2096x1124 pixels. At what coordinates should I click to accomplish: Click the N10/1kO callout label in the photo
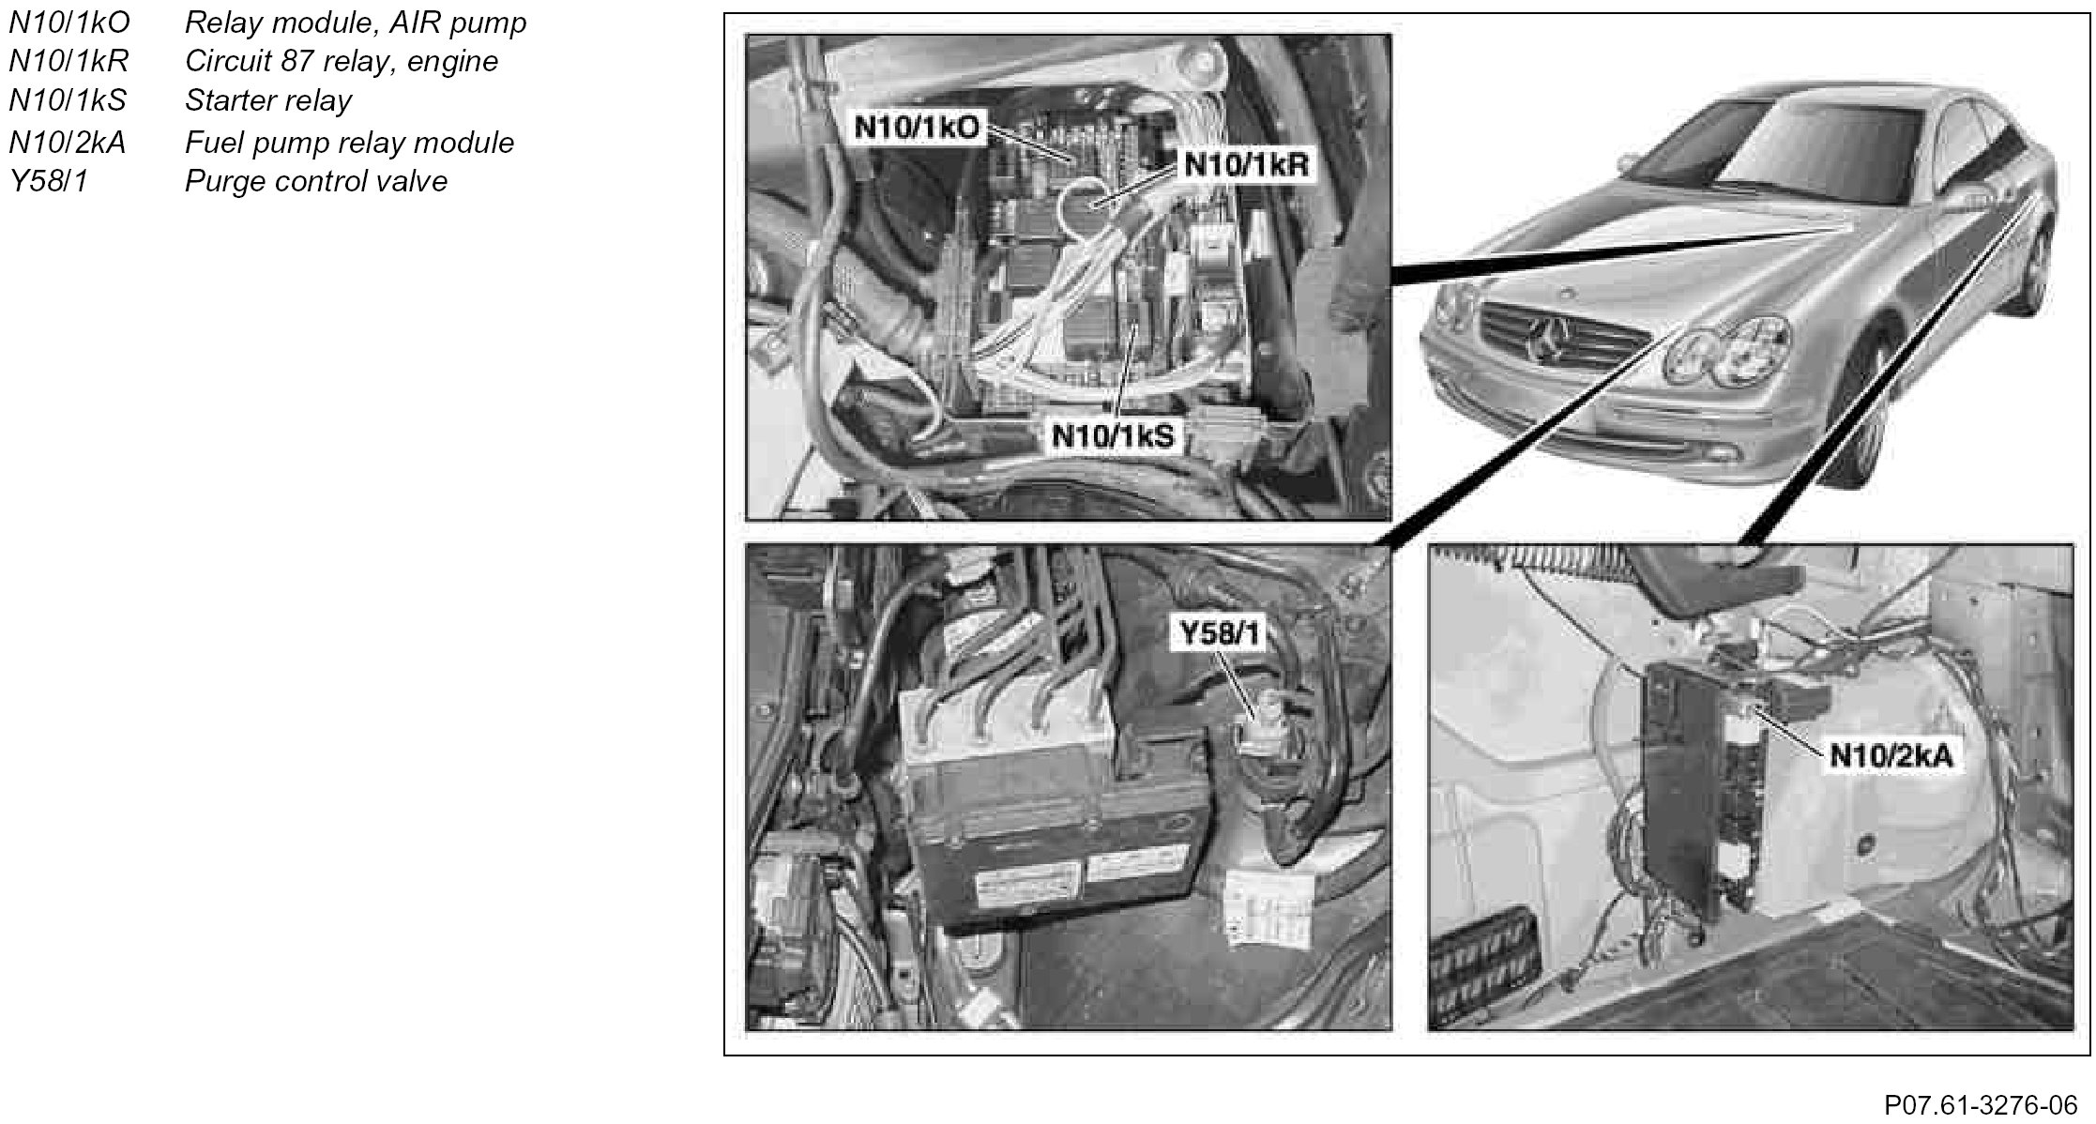pos(917,127)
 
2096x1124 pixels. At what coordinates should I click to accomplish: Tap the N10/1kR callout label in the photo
pos(1246,164)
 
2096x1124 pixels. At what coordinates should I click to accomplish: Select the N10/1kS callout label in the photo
pos(1113,435)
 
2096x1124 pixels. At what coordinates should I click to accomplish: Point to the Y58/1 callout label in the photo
pos(1221,633)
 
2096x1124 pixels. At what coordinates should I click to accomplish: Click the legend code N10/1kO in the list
pos(69,23)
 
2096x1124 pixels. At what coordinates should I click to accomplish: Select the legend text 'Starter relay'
pos(268,100)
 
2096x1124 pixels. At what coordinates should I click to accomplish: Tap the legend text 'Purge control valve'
pos(316,180)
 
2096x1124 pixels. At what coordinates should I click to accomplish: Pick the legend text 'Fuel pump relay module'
pos(349,142)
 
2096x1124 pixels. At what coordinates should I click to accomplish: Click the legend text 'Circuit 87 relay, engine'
pos(342,62)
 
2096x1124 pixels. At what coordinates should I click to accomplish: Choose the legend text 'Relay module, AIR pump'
pos(356,23)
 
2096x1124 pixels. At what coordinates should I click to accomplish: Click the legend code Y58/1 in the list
pos(48,180)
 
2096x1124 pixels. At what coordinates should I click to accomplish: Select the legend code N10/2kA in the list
pos(67,142)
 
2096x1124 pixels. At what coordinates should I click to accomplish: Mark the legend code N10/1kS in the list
pos(68,100)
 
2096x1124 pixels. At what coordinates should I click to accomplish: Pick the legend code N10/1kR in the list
pos(68,62)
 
